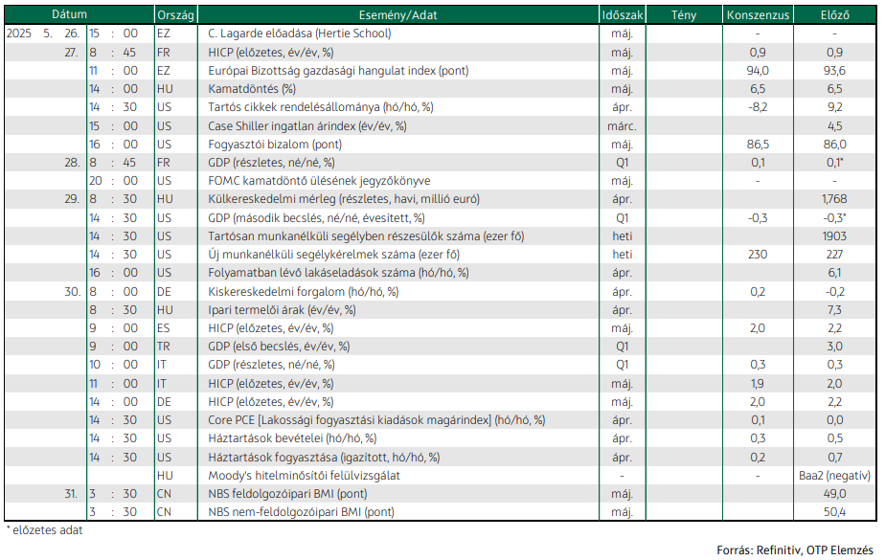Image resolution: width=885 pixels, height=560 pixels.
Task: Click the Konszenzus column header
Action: click(758, 15)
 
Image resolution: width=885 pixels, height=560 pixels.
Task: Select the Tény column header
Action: click(684, 15)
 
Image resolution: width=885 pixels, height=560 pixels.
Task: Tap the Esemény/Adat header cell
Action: click(397, 15)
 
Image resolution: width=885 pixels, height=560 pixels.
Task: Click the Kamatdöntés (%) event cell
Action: click(252, 88)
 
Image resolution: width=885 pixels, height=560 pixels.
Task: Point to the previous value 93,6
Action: click(834, 71)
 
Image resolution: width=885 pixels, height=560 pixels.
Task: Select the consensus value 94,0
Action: click(758, 71)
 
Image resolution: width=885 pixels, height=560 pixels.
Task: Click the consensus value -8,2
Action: click(758, 107)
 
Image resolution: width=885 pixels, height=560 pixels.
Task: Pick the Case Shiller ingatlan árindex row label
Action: click(307, 125)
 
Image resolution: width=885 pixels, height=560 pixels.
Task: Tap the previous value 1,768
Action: click(834, 199)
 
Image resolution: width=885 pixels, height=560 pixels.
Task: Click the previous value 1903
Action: click(834, 235)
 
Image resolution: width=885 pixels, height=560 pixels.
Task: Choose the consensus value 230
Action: click(758, 255)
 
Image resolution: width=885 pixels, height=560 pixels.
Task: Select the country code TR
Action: click(163, 347)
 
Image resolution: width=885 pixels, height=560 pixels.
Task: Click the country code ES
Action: click(163, 328)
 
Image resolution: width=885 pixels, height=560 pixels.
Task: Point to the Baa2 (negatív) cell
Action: click(834, 476)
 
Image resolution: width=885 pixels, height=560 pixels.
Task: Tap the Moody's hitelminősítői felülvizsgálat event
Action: click(304, 476)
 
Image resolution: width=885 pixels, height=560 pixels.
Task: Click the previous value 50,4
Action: click(834, 512)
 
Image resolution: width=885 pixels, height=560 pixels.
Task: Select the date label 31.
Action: click(71, 494)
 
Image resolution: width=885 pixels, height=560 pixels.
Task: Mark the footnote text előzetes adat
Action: click(48, 530)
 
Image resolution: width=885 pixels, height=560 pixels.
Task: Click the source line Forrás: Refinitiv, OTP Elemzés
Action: click(795, 549)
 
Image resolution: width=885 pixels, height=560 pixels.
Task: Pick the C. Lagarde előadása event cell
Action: click(299, 34)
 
